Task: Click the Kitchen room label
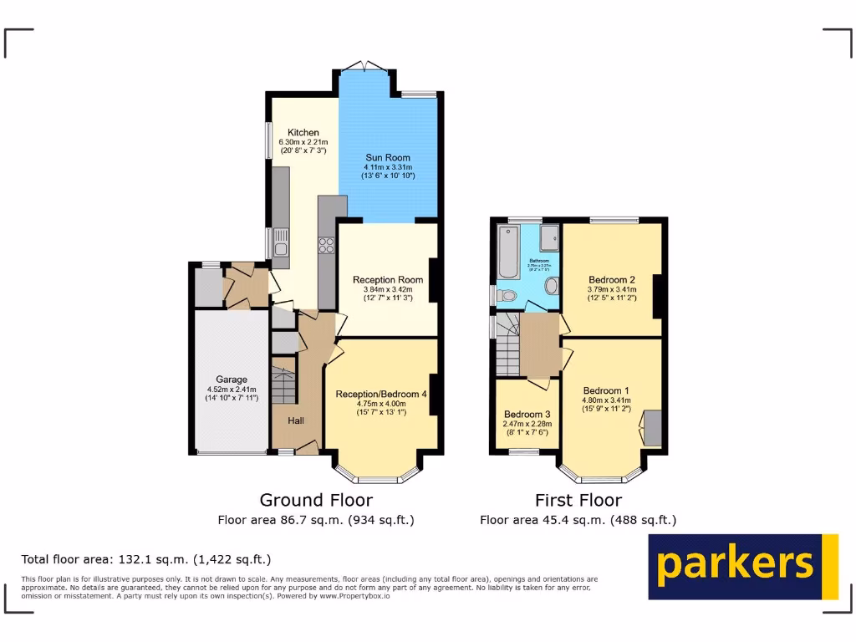click(x=303, y=133)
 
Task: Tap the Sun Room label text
click(x=388, y=157)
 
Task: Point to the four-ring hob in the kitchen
click(x=326, y=246)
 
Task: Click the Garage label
click(x=232, y=380)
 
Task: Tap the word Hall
click(x=296, y=420)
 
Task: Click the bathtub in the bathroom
click(x=509, y=251)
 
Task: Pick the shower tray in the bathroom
click(x=550, y=239)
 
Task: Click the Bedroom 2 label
click(x=611, y=280)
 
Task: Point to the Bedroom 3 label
click(x=527, y=415)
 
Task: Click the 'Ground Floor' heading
click(x=316, y=500)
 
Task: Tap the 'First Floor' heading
click(x=578, y=500)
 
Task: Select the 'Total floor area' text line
click(x=146, y=559)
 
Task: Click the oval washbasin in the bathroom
click(x=552, y=286)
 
